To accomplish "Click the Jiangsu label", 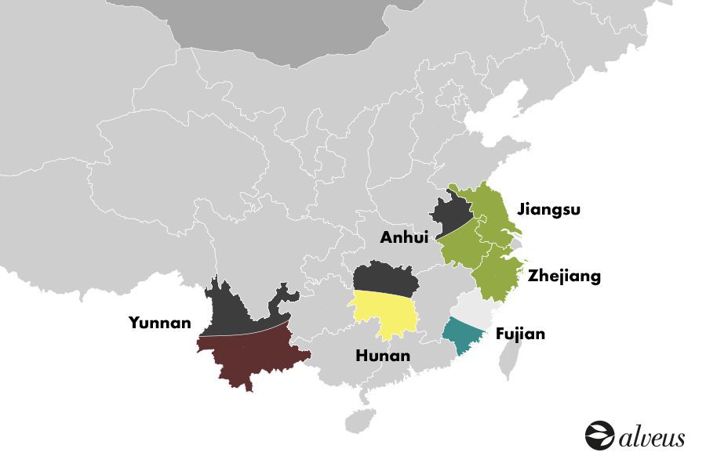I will coord(547,210).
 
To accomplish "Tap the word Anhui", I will coord(405,237).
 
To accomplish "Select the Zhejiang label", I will coord(565,276).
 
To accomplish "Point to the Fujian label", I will coord(520,334).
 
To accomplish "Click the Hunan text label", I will coord(383,356).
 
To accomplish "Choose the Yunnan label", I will coord(160,322).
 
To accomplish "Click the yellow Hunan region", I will coord(384,313).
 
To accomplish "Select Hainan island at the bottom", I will coord(360,421).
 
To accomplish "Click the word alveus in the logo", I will coord(651,437).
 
